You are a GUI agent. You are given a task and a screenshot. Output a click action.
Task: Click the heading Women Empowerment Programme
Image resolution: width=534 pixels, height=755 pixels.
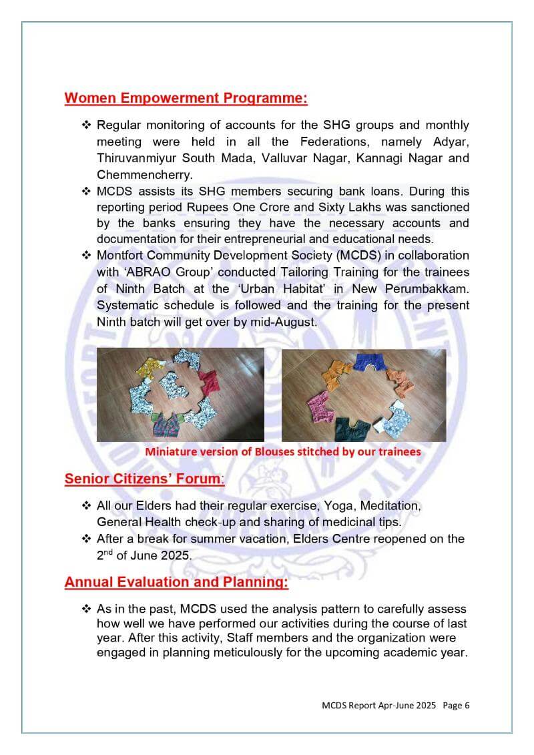(186, 98)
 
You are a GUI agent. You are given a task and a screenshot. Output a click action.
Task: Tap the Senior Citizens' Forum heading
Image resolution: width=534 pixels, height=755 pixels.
(144, 479)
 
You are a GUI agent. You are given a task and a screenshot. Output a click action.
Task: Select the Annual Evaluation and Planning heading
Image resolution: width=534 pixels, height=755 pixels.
(176, 582)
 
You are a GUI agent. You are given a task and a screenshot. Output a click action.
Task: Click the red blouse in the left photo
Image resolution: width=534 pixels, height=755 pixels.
(209, 383)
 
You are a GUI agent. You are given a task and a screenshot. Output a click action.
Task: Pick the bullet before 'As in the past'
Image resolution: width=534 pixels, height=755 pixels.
(86, 609)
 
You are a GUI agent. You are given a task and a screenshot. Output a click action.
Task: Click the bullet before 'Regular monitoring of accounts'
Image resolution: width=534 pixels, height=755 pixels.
(86, 125)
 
